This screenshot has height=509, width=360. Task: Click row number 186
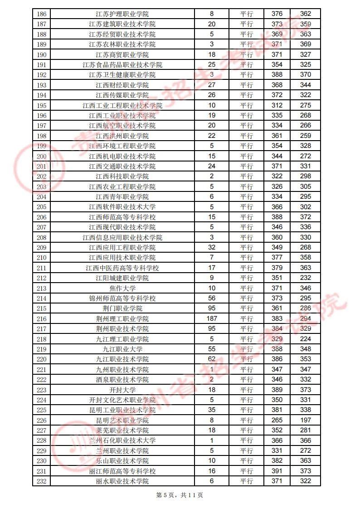click(x=41, y=14)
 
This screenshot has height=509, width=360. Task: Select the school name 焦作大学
click(x=122, y=289)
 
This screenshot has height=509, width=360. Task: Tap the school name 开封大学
click(x=122, y=390)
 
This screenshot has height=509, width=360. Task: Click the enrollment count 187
click(x=211, y=319)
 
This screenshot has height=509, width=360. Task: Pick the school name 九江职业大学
click(x=122, y=349)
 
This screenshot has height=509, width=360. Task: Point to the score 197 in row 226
click(x=306, y=421)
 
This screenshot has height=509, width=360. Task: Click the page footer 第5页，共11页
click(x=180, y=495)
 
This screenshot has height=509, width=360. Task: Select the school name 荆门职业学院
click(x=122, y=309)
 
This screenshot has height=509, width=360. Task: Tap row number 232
click(x=41, y=481)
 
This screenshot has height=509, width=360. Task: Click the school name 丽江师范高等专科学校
click(x=122, y=471)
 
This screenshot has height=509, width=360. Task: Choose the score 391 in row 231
click(x=277, y=471)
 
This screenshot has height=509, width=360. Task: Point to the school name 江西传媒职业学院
click(x=122, y=95)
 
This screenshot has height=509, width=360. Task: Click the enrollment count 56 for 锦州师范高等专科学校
click(x=211, y=299)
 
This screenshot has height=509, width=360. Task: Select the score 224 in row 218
click(x=306, y=339)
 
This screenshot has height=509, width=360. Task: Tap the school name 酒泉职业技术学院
click(x=122, y=380)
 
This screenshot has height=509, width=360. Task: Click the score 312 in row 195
click(x=277, y=106)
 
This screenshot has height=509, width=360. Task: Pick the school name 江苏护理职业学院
click(x=122, y=14)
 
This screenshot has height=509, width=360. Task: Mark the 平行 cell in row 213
click(x=247, y=289)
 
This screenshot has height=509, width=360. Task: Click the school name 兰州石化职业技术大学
click(x=122, y=440)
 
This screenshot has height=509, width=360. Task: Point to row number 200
click(x=41, y=157)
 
